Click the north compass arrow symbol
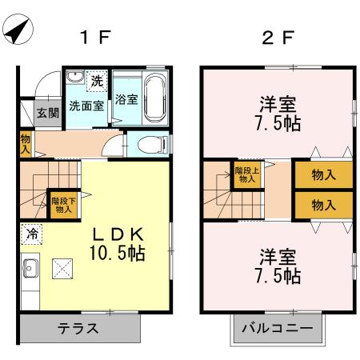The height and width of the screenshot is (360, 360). [18, 31]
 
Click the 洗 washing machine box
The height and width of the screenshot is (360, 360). [97, 81]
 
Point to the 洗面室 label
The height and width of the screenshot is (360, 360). [86, 105]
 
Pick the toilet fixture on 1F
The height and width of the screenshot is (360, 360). [149, 144]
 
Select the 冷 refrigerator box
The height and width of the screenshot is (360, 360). [31, 234]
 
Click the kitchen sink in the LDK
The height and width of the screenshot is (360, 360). [30, 266]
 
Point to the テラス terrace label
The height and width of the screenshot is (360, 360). [78, 328]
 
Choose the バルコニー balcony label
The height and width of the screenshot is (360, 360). [278, 328]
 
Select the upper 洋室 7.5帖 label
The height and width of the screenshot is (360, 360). [278, 113]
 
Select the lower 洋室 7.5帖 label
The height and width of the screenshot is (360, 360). [278, 267]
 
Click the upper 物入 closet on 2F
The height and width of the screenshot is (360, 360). [323, 175]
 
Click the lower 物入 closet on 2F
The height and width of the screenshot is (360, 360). [323, 205]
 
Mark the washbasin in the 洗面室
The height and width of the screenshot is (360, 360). [74, 78]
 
